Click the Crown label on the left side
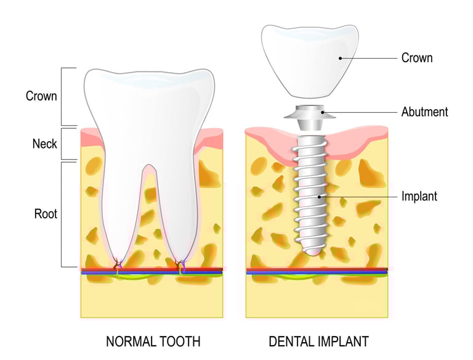41,96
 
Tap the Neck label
44,144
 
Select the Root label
46,214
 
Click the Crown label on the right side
417,58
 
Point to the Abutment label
424,112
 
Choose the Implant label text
419,197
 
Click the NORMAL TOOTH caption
153,341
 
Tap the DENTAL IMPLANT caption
318,341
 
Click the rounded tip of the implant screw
312,249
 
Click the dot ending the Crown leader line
340,59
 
